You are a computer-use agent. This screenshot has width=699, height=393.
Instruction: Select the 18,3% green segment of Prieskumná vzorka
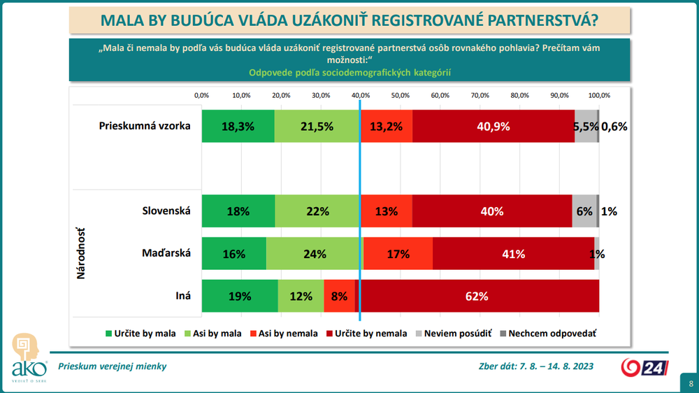coord(238,127)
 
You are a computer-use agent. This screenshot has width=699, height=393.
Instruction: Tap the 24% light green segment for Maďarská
coord(315,254)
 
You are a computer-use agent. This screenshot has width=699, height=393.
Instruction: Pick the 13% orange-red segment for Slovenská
coord(387,211)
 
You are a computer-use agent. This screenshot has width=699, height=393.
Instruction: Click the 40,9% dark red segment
coord(493,127)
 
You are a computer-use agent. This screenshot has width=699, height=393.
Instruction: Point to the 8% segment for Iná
coord(340,296)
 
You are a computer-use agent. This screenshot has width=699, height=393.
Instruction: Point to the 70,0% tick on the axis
coord(480,95)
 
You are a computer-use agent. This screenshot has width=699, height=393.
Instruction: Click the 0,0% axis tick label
coord(201,95)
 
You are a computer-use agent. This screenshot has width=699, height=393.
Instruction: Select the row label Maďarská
coord(166,253)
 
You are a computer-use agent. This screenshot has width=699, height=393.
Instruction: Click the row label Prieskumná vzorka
coord(145,127)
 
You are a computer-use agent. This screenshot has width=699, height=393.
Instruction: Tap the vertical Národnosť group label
coord(81,253)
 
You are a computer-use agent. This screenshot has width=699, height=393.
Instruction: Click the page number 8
coord(690,383)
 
